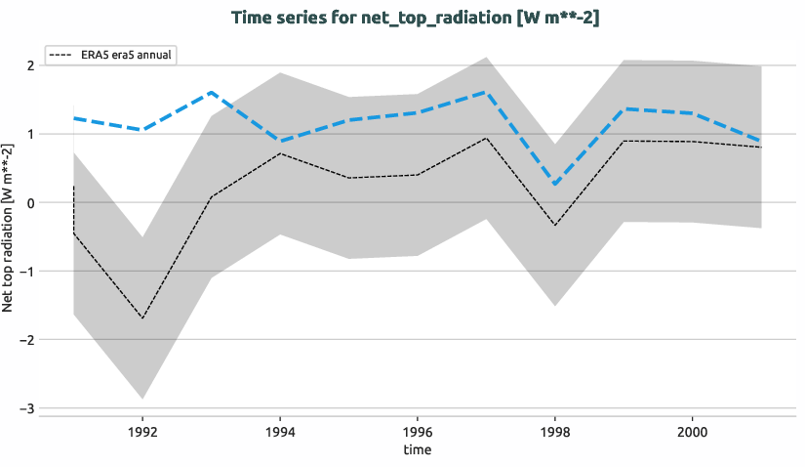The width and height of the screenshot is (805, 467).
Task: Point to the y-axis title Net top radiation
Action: (9, 228)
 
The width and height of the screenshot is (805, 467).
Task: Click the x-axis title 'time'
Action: (417, 449)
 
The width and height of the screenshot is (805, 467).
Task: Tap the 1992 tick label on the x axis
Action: (142, 430)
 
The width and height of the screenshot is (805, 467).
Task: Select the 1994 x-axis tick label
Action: (280, 430)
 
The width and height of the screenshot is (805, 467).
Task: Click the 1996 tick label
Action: (418, 430)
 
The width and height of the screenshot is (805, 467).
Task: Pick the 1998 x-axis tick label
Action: (555, 430)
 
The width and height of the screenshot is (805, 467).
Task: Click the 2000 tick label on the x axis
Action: (692, 430)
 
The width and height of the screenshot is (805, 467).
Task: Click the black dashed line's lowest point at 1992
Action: (142, 318)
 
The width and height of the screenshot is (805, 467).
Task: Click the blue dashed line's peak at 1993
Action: (212, 93)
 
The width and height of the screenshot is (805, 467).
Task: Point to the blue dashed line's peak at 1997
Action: (486, 92)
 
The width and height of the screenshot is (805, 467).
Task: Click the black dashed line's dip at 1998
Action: (555, 226)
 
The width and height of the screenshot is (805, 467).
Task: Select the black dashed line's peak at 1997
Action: (486, 138)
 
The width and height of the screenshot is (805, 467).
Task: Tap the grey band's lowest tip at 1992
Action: (142, 399)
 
